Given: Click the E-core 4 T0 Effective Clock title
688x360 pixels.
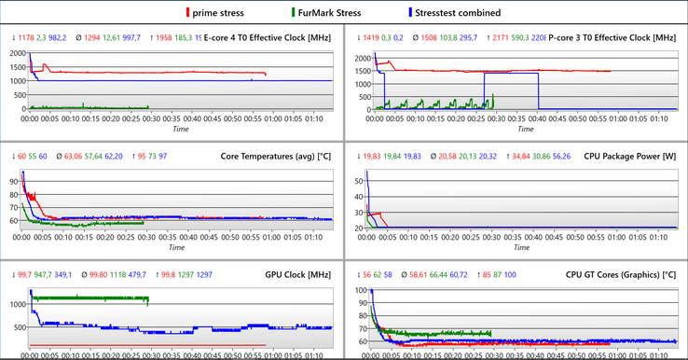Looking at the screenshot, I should point(267,37).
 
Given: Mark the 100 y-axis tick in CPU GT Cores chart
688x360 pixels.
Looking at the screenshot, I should point(360,291).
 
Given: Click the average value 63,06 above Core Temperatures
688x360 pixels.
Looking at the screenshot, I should point(73,156).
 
